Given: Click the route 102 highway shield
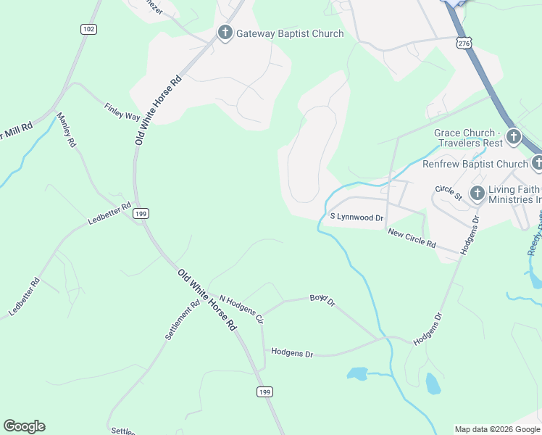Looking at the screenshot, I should [88, 29].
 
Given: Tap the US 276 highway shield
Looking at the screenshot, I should [463, 44].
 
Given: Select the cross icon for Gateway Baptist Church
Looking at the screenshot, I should [225, 33].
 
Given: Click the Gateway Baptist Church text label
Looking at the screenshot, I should [290, 34].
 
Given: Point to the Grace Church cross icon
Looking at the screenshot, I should [513, 136].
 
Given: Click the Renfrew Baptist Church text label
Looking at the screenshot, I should [475, 165].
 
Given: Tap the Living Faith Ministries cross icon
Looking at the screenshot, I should [477, 193].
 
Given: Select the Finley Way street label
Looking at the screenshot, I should [122, 111].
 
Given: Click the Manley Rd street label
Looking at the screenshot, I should [66, 131].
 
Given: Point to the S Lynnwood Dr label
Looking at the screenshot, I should [357, 217].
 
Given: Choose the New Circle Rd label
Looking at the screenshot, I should [412, 238].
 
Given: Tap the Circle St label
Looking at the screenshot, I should [449, 192].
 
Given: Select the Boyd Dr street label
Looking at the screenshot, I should [322, 299].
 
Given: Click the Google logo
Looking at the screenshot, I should [24, 426].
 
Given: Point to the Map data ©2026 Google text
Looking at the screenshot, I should [497, 429].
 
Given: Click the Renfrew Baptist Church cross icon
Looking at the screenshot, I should [537, 164].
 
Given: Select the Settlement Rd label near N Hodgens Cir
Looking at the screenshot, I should [181, 320].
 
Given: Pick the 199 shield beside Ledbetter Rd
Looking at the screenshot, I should [141, 213].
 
